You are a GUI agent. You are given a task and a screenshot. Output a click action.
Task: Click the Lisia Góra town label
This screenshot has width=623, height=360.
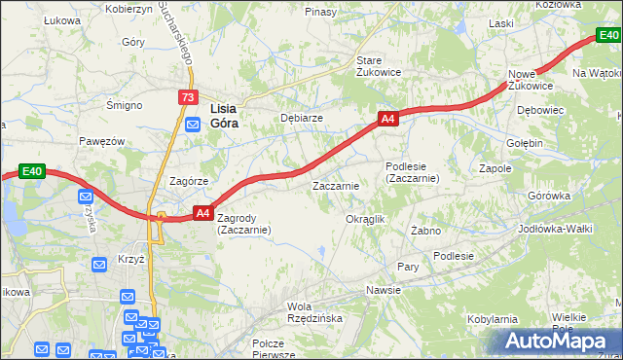click(225, 116)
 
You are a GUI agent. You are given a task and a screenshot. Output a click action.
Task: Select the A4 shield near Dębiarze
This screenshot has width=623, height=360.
click(387, 119)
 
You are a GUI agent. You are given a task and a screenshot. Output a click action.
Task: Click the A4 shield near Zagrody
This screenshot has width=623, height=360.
click(203, 212)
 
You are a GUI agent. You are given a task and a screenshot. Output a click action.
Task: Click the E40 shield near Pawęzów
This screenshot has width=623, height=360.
click(32, 172)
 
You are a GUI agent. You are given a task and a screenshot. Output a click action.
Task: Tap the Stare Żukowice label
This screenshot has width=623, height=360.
click(378, 65)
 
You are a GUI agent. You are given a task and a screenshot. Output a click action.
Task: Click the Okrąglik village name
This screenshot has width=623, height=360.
click(366, 219)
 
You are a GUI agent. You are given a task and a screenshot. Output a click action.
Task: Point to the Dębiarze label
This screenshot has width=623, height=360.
click(302, 118)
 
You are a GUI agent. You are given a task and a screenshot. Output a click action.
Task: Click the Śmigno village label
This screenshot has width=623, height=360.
click(125, 104)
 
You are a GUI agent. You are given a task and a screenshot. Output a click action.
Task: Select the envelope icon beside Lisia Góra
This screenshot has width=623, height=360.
click(193, 124)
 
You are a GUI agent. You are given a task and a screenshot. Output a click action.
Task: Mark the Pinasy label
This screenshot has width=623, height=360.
click(320, 12)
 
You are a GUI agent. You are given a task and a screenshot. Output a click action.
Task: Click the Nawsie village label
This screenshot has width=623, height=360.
click(384, 290)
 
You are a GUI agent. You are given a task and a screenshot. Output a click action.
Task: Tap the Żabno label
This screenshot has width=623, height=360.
click(425, 231)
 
